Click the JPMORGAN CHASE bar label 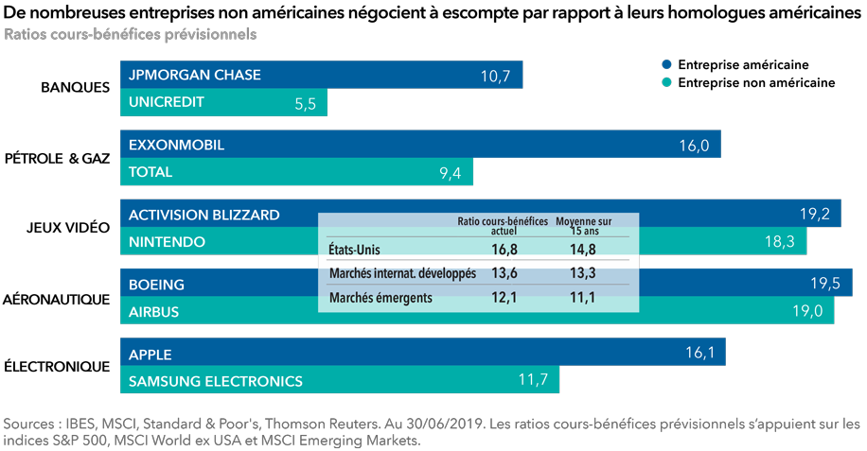195,75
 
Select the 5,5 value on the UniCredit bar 305,104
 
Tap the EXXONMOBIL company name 176,145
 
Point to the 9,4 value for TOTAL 451,173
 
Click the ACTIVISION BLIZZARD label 204,215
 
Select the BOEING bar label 157,285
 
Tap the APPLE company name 150,355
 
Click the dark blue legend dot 667,64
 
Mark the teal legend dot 667,82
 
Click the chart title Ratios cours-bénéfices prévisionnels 131,35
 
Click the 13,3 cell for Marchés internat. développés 583,273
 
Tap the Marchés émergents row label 380,298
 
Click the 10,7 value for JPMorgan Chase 495,77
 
